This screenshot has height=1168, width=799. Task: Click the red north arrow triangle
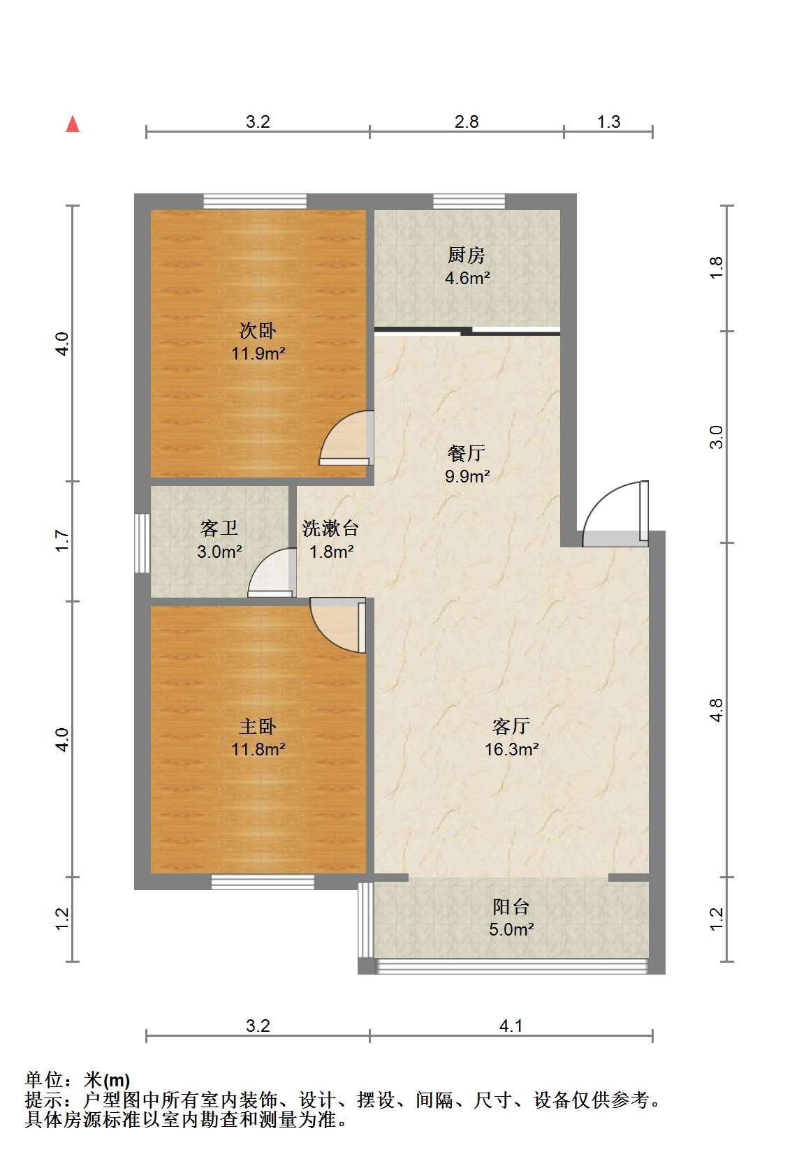tap(73, 124)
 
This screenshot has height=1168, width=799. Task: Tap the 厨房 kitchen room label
tap(467, 255)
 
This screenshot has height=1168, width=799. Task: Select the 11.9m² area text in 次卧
tap(258, 353)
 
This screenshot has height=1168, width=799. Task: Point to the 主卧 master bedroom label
tap(258, 726)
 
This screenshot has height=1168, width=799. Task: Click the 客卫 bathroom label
tap(219, 528)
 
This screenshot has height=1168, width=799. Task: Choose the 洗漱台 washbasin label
tap(330, 528)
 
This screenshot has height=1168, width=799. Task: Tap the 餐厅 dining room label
tap(467, 453)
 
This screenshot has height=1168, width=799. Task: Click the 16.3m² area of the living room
tap(512, 749)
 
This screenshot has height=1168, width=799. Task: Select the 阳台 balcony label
tap(511, 907)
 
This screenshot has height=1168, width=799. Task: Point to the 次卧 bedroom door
tap(346, 438)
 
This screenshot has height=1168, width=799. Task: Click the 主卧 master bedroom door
tap(337, 626)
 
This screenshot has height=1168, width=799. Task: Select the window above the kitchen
tap(469, 201)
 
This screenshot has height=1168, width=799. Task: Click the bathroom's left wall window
tap(142, 543)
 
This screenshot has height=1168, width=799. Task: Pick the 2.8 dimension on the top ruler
tap(467, 122)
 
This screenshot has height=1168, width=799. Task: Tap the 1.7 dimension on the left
tap(62, 541)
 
